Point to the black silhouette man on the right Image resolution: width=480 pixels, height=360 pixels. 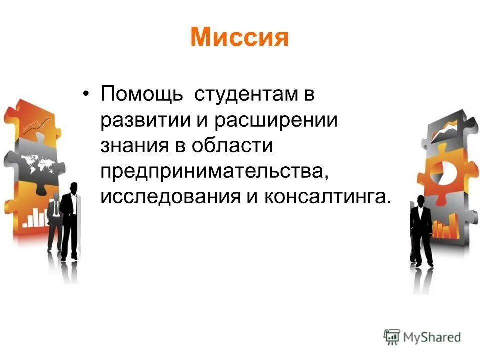point(421,230)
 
